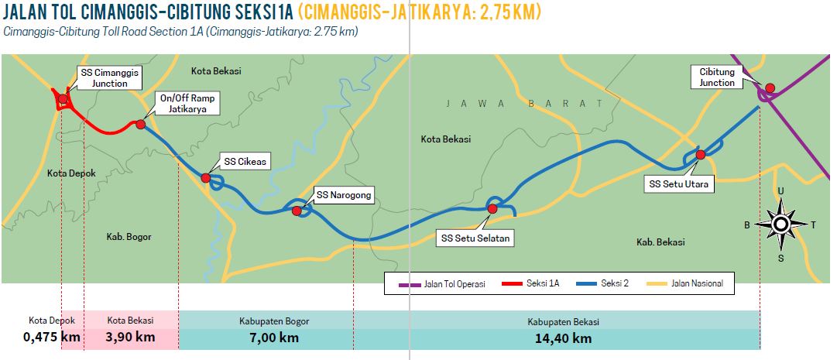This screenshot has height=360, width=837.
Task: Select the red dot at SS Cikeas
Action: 206,178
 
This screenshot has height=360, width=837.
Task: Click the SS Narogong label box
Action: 344,196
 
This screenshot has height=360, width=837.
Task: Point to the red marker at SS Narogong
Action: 297,211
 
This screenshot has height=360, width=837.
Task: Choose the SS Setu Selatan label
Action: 475,238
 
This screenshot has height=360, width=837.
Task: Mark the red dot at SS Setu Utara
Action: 700,155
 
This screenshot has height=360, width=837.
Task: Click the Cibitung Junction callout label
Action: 716,77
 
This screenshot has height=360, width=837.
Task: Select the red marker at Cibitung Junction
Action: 770,87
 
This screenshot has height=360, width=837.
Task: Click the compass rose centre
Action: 780,225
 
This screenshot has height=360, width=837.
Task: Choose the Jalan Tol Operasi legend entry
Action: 444,284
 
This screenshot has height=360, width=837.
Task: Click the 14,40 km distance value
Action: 563,338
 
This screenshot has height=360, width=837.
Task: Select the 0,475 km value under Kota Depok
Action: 52,338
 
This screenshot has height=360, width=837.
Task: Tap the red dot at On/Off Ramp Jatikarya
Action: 140,124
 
